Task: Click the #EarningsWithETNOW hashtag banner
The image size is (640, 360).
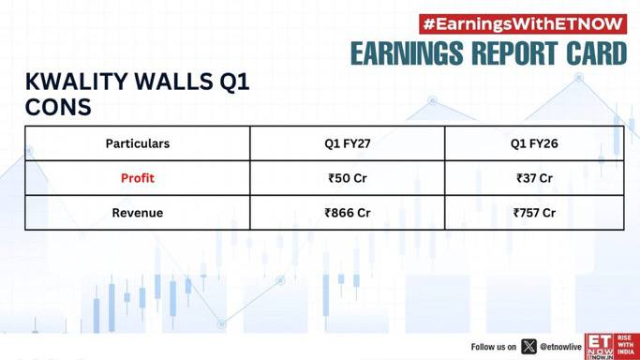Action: [523, 24]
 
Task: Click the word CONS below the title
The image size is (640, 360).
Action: [58, 107]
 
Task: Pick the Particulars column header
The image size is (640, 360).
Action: [138, 143]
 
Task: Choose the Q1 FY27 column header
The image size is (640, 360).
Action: [348, 143]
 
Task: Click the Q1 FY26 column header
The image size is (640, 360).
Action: [534, 143]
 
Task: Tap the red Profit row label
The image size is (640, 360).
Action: [138, 178]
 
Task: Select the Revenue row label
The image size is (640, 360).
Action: [138, 213]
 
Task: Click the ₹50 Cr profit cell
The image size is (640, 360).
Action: [348, 178]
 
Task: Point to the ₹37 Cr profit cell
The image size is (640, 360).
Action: [534, 178]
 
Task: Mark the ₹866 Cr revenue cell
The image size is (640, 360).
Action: [348, 213]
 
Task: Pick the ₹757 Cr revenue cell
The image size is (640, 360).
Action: [534, 213]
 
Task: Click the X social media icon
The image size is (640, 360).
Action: [528, 347]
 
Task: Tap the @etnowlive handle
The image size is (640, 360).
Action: [560, 347]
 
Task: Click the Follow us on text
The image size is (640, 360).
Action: [494, 347]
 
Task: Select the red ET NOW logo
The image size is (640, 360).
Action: [612, 347]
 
